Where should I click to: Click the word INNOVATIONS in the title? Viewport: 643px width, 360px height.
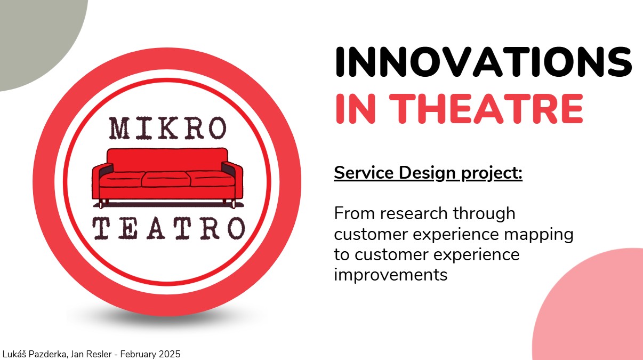[x=484, y=62]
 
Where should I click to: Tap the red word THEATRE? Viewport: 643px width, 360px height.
[x=486, y=109]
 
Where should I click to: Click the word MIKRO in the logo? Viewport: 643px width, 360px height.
[x=167, y=128]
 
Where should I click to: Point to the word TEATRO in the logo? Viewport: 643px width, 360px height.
[x=169, y=228]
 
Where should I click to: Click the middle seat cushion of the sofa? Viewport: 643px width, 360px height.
[x=166, y=179]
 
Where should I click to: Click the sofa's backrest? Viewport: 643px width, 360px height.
[x=167, y=159]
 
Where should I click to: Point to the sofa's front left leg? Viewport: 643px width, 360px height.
[x=101, y=204]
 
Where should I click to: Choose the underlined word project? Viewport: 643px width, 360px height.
[x=492, y=174]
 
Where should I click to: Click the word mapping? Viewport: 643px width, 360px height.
[x=538, y=235]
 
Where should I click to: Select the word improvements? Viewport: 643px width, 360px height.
[x=391, y=275]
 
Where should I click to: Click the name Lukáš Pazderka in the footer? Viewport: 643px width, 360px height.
[x=35, y=354]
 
